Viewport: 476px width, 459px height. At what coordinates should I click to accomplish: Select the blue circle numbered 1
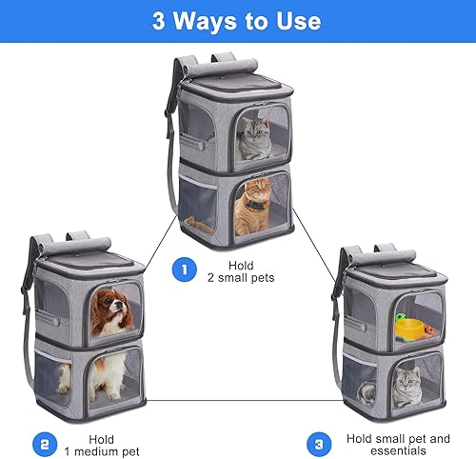pos(183,271)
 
